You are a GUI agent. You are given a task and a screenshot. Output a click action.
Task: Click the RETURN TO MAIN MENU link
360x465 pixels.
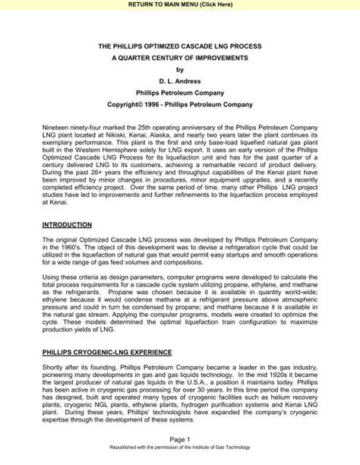coord(180,5)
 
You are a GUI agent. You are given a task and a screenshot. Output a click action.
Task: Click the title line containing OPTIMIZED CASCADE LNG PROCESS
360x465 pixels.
coord(180,46)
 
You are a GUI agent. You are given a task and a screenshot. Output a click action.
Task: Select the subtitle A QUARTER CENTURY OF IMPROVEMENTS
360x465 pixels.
coord(180,60)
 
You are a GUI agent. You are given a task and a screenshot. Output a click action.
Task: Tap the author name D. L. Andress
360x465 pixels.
coord(180,87)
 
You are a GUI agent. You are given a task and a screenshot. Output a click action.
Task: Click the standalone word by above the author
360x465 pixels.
coord(180,74)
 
